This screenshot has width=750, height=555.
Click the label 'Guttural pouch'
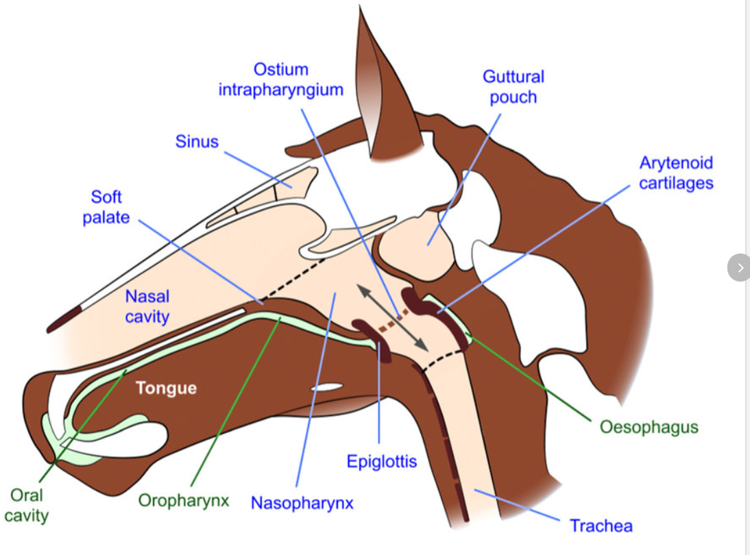[x=513, y=86]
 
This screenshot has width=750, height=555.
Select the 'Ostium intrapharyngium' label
[x=281, y=79]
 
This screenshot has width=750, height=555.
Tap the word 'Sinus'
[x=197, y=142]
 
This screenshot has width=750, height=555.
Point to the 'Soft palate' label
[x=106, y=208]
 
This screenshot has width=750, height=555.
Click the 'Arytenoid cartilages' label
[x=676, y=173]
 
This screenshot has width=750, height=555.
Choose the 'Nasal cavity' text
[x=147, y=306]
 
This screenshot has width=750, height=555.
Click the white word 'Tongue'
[x=166, y=388]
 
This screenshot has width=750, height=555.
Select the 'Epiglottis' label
[x=381, y=461]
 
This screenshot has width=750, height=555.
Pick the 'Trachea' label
[x=601, y=526]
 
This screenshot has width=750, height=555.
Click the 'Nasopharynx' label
[x=302, y=503]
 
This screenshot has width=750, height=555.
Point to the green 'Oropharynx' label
[x=183, y=500]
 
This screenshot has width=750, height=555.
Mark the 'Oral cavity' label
[x=27, y=504]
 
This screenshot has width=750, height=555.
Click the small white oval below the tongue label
[x=325, y=388]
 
